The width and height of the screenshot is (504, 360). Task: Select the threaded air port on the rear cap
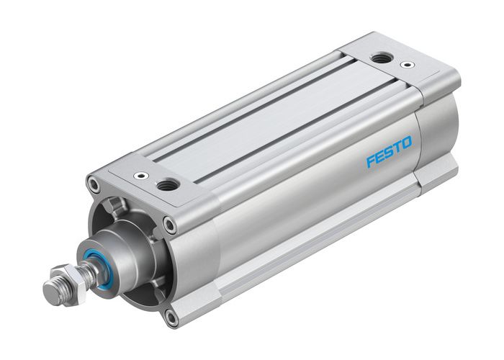[379, 59]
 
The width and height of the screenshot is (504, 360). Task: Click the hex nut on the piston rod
[60, 283]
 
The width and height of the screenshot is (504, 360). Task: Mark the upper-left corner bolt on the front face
[94, 186]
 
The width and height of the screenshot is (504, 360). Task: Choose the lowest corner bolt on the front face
[170, 315]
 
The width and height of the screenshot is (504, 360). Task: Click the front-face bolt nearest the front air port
[171, 225]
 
